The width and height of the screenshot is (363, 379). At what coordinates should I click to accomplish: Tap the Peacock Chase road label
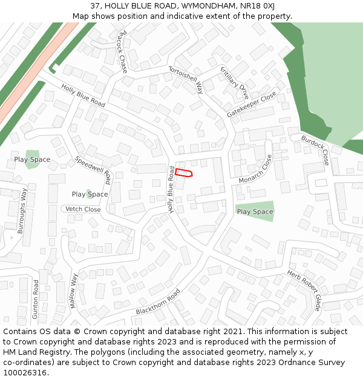point(122,52)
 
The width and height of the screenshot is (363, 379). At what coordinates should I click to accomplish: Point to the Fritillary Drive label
point(234,83)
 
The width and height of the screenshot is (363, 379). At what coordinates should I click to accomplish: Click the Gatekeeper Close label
point(252,104)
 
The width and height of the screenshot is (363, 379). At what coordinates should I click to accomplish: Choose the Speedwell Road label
point(93,170)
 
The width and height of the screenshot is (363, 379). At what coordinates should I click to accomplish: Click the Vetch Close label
point(83,209)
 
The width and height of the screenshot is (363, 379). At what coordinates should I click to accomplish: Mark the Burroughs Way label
point(22,210)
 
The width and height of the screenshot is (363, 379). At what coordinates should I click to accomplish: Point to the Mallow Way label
point(74,291)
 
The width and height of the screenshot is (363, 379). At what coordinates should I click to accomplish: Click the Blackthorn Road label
point(159,302)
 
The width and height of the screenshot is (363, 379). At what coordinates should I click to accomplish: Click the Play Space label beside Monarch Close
point(255,212)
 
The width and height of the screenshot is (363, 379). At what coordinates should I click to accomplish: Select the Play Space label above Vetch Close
point(90,194)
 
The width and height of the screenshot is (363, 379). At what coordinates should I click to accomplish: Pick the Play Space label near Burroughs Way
point(32,159)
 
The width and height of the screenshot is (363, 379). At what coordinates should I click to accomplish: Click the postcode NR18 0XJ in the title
point(256,6)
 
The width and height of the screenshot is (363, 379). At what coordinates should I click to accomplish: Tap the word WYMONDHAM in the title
point(201,6)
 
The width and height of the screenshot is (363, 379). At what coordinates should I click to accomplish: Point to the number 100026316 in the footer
point(25,372)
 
